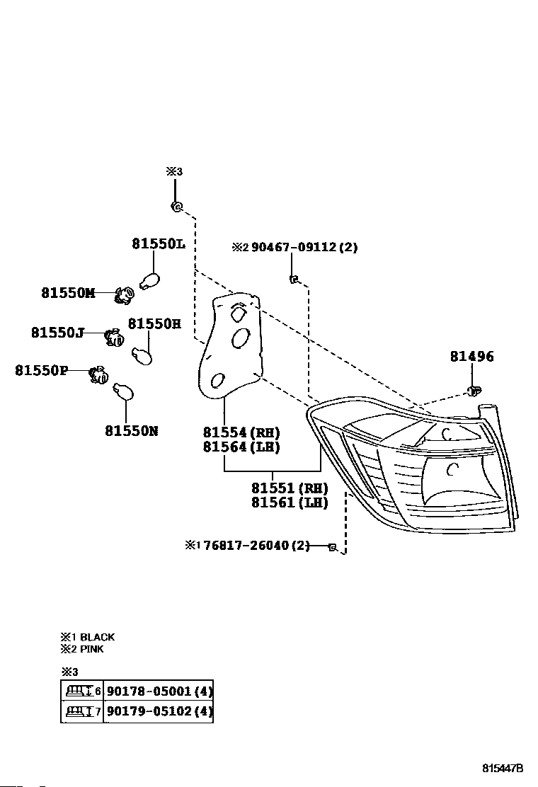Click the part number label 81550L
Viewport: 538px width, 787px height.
pyautogui.click(x=157, y=244)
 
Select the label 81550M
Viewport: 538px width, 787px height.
pyautogui.click(x=67, y=293)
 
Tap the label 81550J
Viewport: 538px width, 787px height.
pyautogui.click(x=57, y=332)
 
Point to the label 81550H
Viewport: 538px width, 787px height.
pyautogui.click(x=154, y=324)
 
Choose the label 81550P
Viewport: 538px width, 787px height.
pyautogui.click(x=42, y=370)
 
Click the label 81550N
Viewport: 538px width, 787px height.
pyautogui.click(x=132, y=430)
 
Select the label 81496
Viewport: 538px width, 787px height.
pyautogui.click(x=471, y=357)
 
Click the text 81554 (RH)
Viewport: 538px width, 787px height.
pyautogui.click(x=241, y=432)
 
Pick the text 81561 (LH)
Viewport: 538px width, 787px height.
pyautogui.click(x=290, y=502)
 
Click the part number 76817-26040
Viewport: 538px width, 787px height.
pyautogui.click(x=246, y=546)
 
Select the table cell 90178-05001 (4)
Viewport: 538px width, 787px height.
pyautogui.click(x=159, y=691)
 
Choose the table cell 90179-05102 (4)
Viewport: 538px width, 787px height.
pyautogui.click(x=159, y=711)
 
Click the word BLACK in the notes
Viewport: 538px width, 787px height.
pyautogui.click(x=97, y=637)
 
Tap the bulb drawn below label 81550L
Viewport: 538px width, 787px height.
pyautogui.click(x=150, y=280)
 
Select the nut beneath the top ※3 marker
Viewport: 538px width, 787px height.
pyautogui.click(x=176, y=207)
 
